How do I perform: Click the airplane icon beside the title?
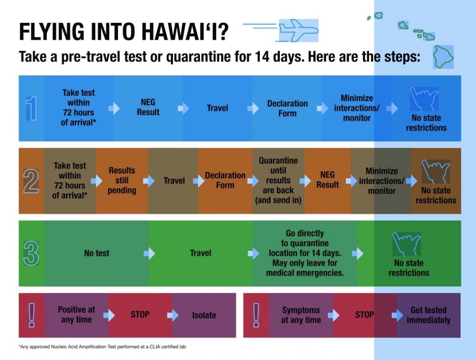point(298,30)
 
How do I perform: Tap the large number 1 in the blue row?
point(32,108)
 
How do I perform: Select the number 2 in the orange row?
point(31,181)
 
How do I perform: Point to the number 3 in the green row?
point(31,253)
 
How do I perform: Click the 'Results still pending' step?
point(122,180)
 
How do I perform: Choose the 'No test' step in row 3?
point(97,253)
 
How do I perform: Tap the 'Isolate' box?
point(204,315)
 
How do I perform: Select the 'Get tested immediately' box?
point(428,315)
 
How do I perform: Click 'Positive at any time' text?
point(77,315)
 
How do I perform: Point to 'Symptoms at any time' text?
point(301,315)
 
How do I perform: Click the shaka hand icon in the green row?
point(406,244)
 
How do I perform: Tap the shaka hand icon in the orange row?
point(436,172)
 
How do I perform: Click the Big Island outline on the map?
point(443,57)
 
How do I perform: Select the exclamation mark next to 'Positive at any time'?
point(32,315)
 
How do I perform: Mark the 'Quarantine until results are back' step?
point(278,180)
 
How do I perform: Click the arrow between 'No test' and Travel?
point(149,253)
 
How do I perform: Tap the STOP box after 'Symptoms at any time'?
point(364,315)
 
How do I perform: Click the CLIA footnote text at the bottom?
point(103,347)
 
